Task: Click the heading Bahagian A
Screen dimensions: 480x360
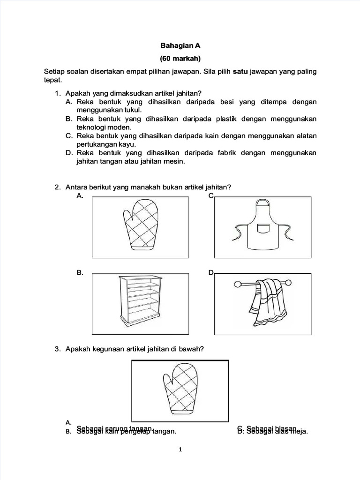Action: tap(180, 45)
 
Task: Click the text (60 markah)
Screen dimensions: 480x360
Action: tap(180, 59)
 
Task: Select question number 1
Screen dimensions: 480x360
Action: tap(57, 93)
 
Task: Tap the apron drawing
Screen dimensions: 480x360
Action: tap(263, 226)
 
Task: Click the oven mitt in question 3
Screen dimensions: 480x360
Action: tap(180, 390)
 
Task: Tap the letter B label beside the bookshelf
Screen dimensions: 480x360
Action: tap(80, 273)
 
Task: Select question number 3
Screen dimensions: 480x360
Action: tap(57, 349)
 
